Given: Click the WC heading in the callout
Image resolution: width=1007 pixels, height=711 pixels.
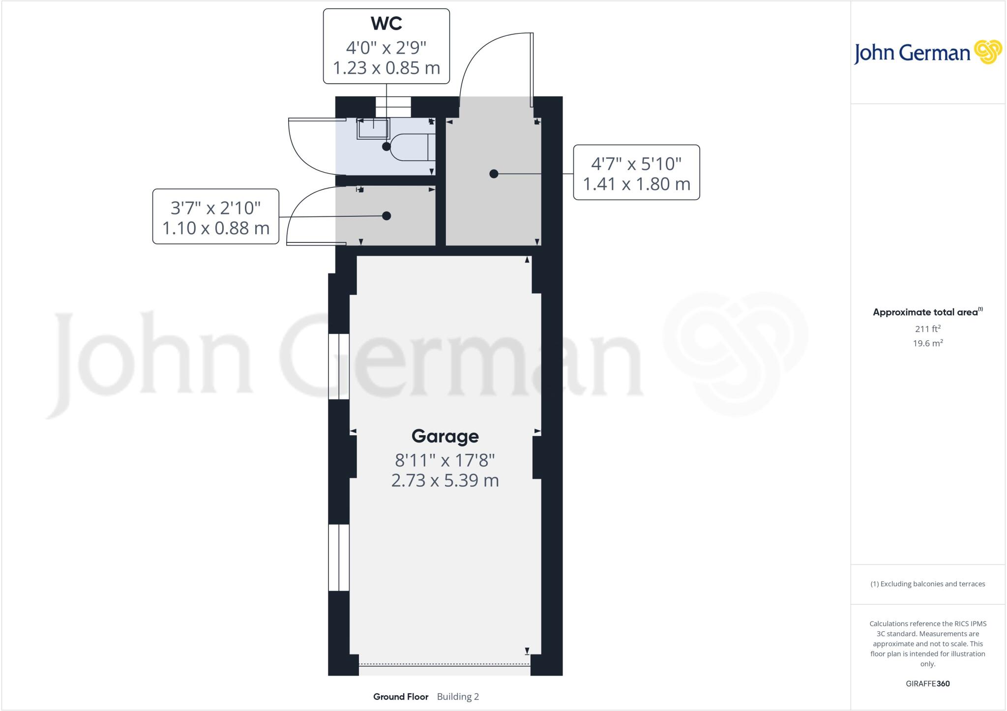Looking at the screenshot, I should click(x=386, y=24).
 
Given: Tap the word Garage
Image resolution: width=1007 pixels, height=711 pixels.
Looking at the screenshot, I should click(x=445, y=436).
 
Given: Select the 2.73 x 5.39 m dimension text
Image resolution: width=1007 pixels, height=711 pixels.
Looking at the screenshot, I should click(x=445, y=480).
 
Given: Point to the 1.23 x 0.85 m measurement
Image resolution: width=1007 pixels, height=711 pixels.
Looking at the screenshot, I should click(x=386, y=68).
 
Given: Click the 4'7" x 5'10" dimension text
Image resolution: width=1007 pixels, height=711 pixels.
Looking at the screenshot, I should click(x=636, y=163).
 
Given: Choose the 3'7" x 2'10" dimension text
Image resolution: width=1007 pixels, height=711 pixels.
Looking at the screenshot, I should click(x=215, y=207).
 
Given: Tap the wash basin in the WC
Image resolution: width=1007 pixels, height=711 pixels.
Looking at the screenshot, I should click(x=373, y=129).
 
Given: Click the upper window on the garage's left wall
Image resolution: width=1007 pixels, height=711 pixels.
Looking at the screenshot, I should click(x=339, y=366).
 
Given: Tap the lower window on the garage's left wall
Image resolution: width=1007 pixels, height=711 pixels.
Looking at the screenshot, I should click(x=339, y=557).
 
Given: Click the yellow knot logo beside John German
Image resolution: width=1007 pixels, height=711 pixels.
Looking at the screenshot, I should click(x=988, y=52).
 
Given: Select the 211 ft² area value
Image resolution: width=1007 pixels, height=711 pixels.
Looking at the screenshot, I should click(x=927, y=328).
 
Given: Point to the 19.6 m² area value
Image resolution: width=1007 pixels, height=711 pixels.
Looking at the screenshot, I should click(x=927, y=343).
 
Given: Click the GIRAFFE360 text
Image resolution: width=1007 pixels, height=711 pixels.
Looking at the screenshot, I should click(x=927, y=683).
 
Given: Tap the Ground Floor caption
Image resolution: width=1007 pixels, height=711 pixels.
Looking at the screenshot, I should click(x=401, y=696).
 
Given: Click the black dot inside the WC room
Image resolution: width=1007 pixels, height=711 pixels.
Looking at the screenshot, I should click(x=386, y=147).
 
